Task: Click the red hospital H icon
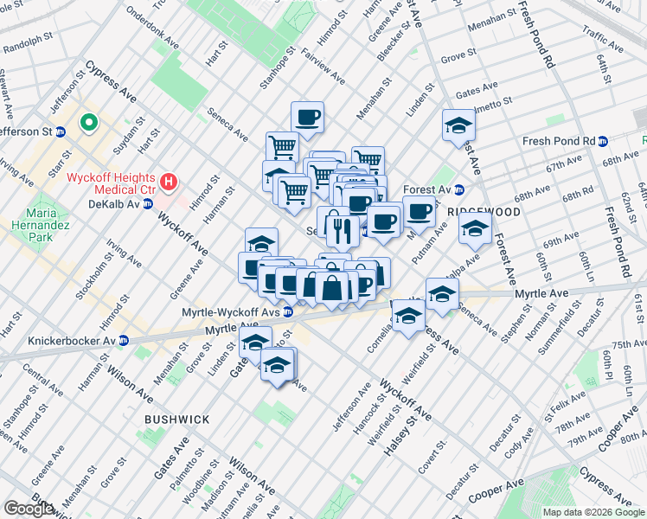point(170,183)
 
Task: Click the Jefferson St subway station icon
point(61,131)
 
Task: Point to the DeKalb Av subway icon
point(147,204)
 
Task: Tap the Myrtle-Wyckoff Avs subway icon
point(287,312)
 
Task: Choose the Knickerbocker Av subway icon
point(124,340)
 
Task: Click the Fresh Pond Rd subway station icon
point(605,141)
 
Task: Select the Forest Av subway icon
point(459,189)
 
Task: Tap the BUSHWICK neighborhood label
point(177,419)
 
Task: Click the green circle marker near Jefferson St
point(88,123)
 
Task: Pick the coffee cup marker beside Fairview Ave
point(307,117)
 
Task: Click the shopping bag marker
point(332,286)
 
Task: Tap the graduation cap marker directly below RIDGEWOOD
point(475,229)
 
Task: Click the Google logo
point(29,509)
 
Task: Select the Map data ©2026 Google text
point(593,512)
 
